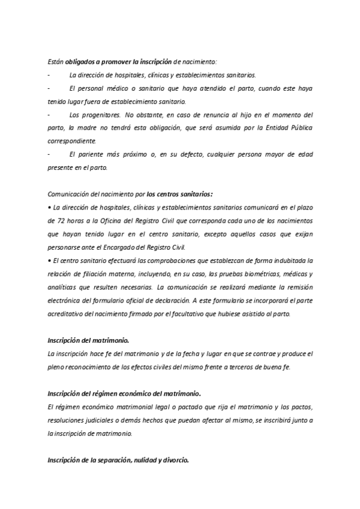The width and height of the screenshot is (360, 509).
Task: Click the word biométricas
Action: (x=256, y=273)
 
